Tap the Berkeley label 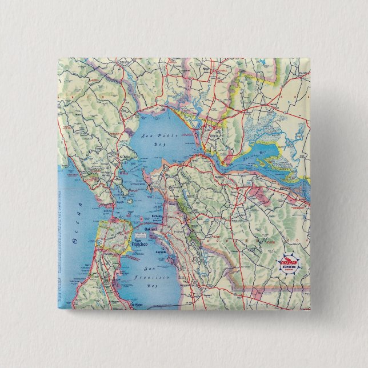pos(158,217)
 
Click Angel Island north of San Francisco pos(130,201)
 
